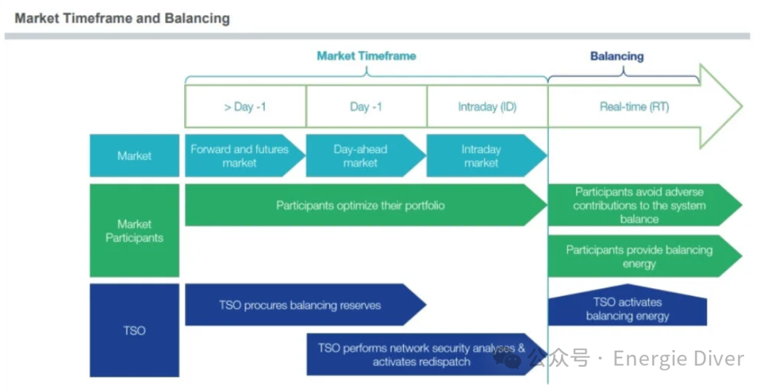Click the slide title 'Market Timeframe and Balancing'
pos(122,18)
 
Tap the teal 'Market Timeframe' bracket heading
pos(366,55)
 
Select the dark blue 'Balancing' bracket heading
pos(617,56)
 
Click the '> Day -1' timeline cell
pos(245,107)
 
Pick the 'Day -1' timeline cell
pos(366,107)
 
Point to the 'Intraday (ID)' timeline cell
pos(487,107)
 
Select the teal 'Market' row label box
pos(134,156)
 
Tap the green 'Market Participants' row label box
pos(134,230)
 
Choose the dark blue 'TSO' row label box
pos(134,330)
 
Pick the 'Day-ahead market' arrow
pos(361,156)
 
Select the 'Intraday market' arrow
pos(482,156)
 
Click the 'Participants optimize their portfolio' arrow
pos(361,206)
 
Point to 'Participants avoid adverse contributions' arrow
pos(639,206)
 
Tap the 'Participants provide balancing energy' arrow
pos(639,256)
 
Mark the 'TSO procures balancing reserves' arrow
pos(300,305)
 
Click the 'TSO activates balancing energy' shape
pos(627,309)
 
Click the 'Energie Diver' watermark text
pos(678,358)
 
